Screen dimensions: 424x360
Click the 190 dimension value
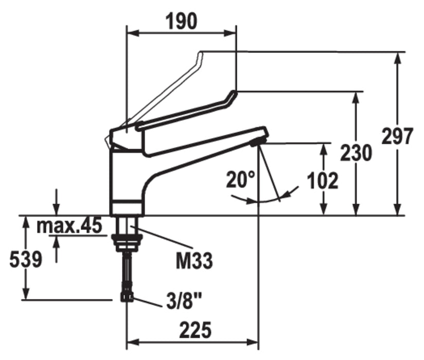click(182, 22)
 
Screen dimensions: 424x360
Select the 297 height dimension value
click(397, 136)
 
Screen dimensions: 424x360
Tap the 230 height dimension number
click(356, 153)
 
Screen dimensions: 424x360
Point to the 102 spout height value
click(323, 181)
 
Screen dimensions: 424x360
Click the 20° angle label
click(240, 179)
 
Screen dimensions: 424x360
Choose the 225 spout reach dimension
click(195, 330)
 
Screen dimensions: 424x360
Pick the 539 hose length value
click(26, 260)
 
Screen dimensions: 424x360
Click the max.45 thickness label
click(69, 226)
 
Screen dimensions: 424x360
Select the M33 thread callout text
click(195, 261)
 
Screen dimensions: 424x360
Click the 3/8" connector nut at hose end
click(127, 297)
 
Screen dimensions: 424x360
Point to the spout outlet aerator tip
click(258, 141)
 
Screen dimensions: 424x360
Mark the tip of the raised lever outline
click(200, 55)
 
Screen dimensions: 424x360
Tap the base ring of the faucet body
click(127, 208)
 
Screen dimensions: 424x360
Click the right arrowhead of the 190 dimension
click(230, 33)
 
